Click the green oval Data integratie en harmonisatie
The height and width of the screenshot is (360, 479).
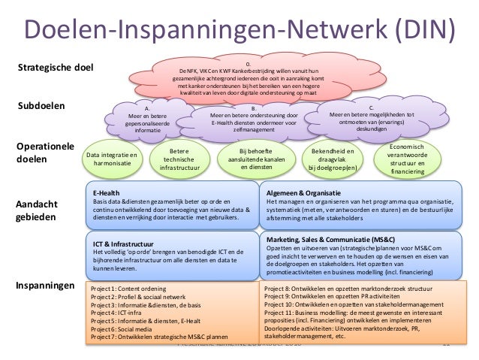coord(113,159)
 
